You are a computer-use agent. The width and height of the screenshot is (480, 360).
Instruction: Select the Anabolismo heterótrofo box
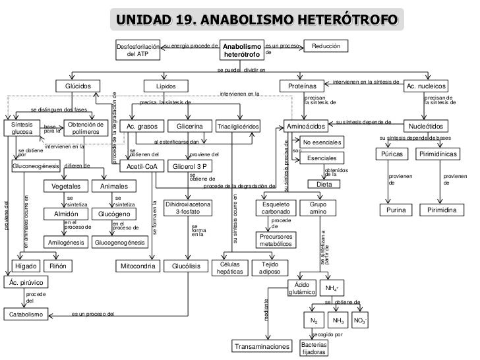[242, 51]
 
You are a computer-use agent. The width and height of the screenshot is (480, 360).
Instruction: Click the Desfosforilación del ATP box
[138, 51]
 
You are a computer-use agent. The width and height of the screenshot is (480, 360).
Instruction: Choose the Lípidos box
[166, 86]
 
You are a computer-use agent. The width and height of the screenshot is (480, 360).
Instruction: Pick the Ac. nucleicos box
[427, 86]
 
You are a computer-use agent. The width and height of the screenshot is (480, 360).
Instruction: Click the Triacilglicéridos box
[238, 126]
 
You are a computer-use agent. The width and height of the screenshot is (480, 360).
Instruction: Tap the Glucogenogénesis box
[120, 243]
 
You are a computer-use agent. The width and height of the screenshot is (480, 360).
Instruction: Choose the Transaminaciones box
[262, 346]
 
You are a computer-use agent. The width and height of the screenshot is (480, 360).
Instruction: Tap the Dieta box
[324, 184]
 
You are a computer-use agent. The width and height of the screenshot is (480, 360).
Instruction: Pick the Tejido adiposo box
[270, 267]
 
